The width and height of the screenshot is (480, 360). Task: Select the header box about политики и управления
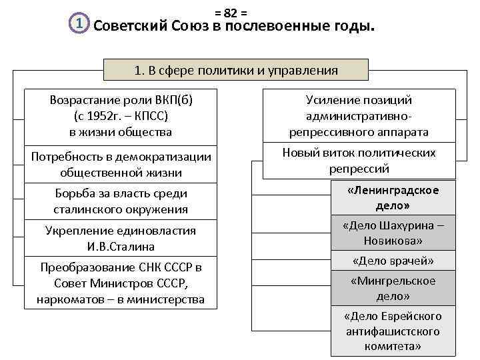click(x=236, y=70)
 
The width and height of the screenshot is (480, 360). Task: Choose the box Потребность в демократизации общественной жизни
click(x=120, y=165)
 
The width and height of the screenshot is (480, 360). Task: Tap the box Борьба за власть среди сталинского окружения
click(x=120, y=201)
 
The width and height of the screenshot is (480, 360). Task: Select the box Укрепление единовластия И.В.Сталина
click(x=120, y=239)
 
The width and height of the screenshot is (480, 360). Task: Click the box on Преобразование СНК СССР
click(x=120, y=283)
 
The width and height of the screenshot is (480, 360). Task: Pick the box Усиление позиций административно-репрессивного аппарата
click(x=359, y=116)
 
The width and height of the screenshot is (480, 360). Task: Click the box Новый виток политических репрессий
click(x=359, y=161)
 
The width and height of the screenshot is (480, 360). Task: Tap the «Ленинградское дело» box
click(x=393, y=198)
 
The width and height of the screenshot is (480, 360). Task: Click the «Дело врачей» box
click(x=393, y=260)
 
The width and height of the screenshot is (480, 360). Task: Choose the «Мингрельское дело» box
click(x=393, y=288)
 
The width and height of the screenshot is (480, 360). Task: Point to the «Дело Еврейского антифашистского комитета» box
click(x=393, y=331)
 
